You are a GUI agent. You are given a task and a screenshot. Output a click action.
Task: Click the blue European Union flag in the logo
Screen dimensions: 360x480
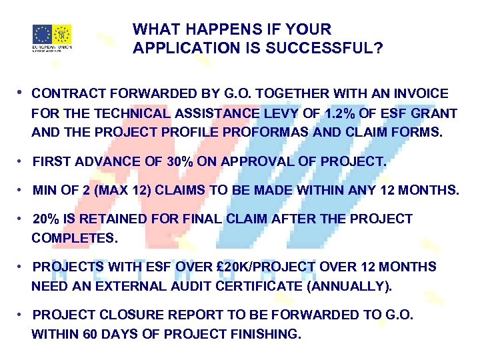point(42,34)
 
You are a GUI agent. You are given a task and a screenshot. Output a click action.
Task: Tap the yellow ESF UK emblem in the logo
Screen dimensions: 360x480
point(62,34)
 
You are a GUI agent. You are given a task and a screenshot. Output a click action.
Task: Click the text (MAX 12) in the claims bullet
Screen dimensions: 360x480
point(129,191)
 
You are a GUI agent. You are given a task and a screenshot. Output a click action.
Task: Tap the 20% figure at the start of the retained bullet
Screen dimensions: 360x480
point(45,219)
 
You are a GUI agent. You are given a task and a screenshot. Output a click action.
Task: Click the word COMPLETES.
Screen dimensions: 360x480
point(74,238)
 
